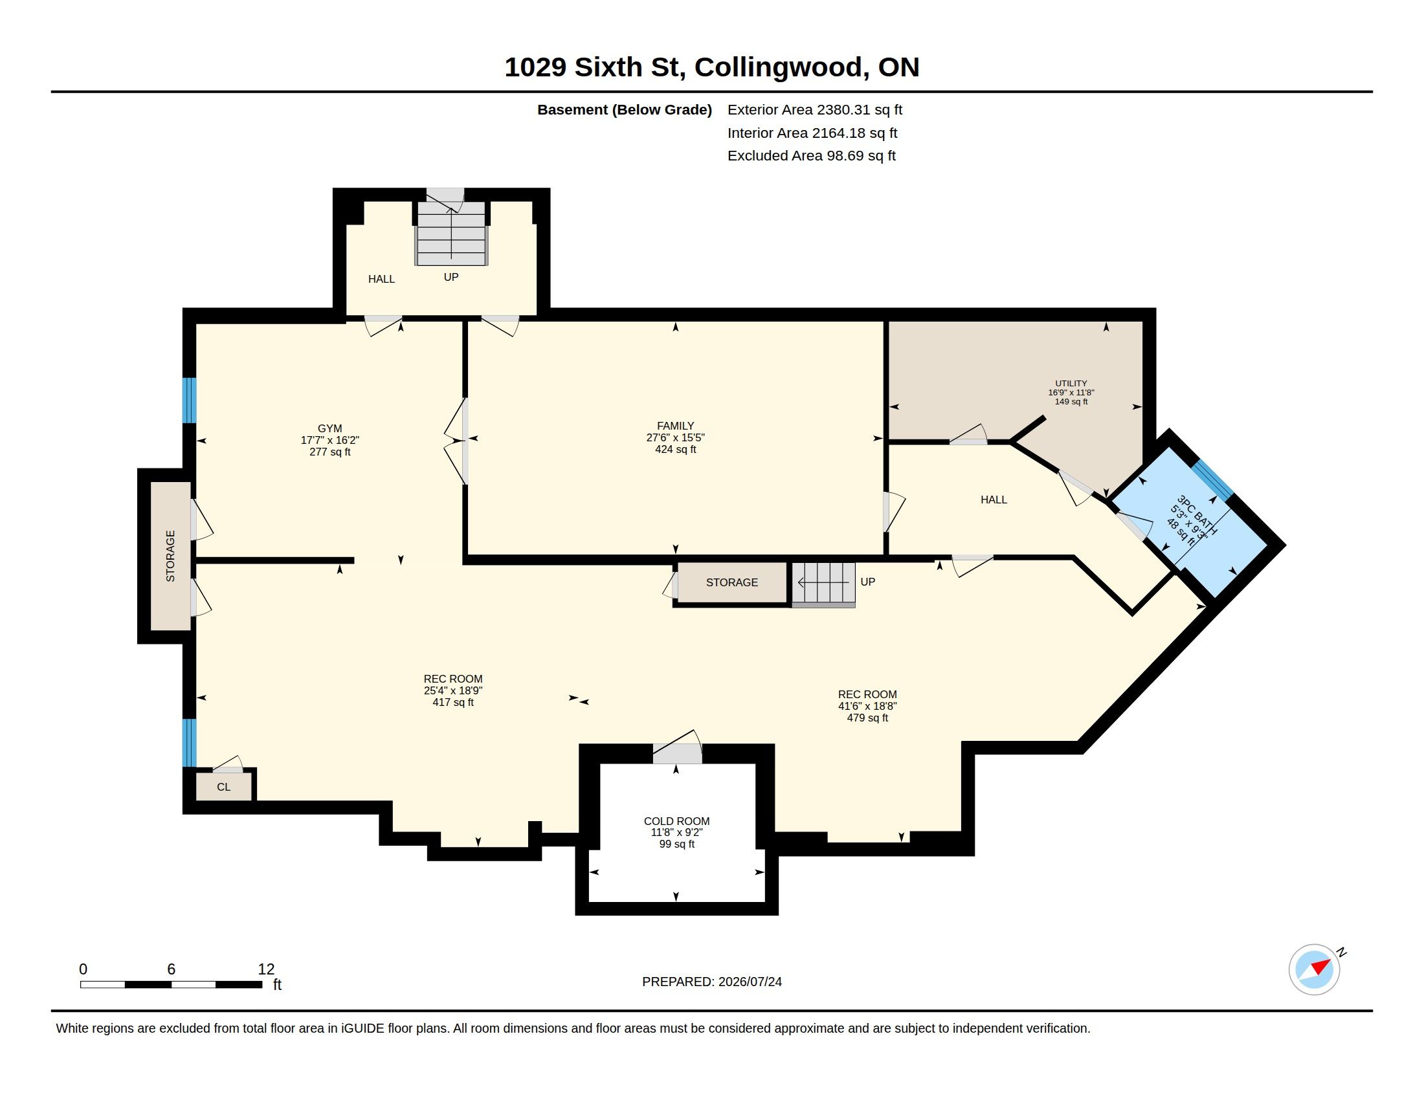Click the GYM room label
pyautogui.click(x=330, y=428)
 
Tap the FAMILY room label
pyautogui.click(x=676, y=426)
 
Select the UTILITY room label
pyautogui.click(x=1071, y=383)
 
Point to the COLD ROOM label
pyautogui.click(x=677, y=821)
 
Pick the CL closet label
pyautogui.click(x=224, y=787)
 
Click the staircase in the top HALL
pyautogui.click(x=451, y=233)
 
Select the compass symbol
pyautogui.click(x=1315, y=969)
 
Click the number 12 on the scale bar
pyautogui.click(x=266, y=969)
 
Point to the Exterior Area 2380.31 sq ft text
pyautogui.click(x=815, y=109)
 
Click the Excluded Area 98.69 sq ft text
pyautogui.click(x=812, y=156)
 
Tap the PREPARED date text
pyautogui.click(x=712, y=982)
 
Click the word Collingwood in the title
pyautogui.click(x=779, y=67)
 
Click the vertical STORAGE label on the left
pyautogui.click(x=171, y=556)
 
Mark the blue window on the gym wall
pyautogui.click(x=189, y=400)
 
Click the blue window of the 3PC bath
pyautogui.click(x=1214, y=480)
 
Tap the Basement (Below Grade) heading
pyautogui.click(x=625, y=109)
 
